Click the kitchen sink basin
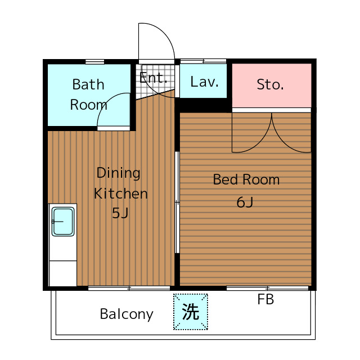tap(63, 222)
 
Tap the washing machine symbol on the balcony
tap(191, 312)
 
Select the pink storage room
tap(272, 85)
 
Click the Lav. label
tap(204, 82)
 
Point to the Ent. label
tap(153, 78)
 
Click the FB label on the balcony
tap(265, 299)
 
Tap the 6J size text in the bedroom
tap(245, 202)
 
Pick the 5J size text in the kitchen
tap(120, 213)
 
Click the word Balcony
tap(127, 314)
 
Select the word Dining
tap(118, 173)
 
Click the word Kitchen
tap(121, 193)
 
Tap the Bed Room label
tap(246, 179)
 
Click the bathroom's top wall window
tap(95, 62)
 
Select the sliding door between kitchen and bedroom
tap(177, 202)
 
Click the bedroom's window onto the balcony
tap(268, 288)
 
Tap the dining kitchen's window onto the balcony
tap(129, 288)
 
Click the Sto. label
tap(270, 84)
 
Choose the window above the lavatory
tap(204, 61)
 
